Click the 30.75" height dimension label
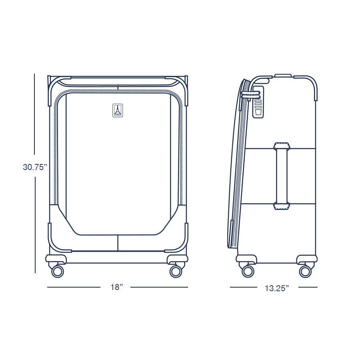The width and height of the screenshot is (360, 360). pos(35,167)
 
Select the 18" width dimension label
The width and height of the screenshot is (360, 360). pos(116,287)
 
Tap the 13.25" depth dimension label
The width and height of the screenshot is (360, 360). pos(276,288)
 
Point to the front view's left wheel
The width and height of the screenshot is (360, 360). pos(58,271)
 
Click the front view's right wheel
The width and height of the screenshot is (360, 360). pos(175,271)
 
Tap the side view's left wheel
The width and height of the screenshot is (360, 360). pos(248,271)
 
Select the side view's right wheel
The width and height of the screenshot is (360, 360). pos(305,271)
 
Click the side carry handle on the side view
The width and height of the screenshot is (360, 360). pos(282,176)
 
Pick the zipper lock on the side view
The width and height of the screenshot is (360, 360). pos(258,102)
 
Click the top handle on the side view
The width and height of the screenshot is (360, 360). pos(283,75)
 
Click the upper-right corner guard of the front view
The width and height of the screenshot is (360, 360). pos(185,88)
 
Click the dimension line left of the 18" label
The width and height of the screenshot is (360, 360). pos(74,287)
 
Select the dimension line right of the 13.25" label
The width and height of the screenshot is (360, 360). pos(308,287)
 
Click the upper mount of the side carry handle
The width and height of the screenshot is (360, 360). pos(282,146)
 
